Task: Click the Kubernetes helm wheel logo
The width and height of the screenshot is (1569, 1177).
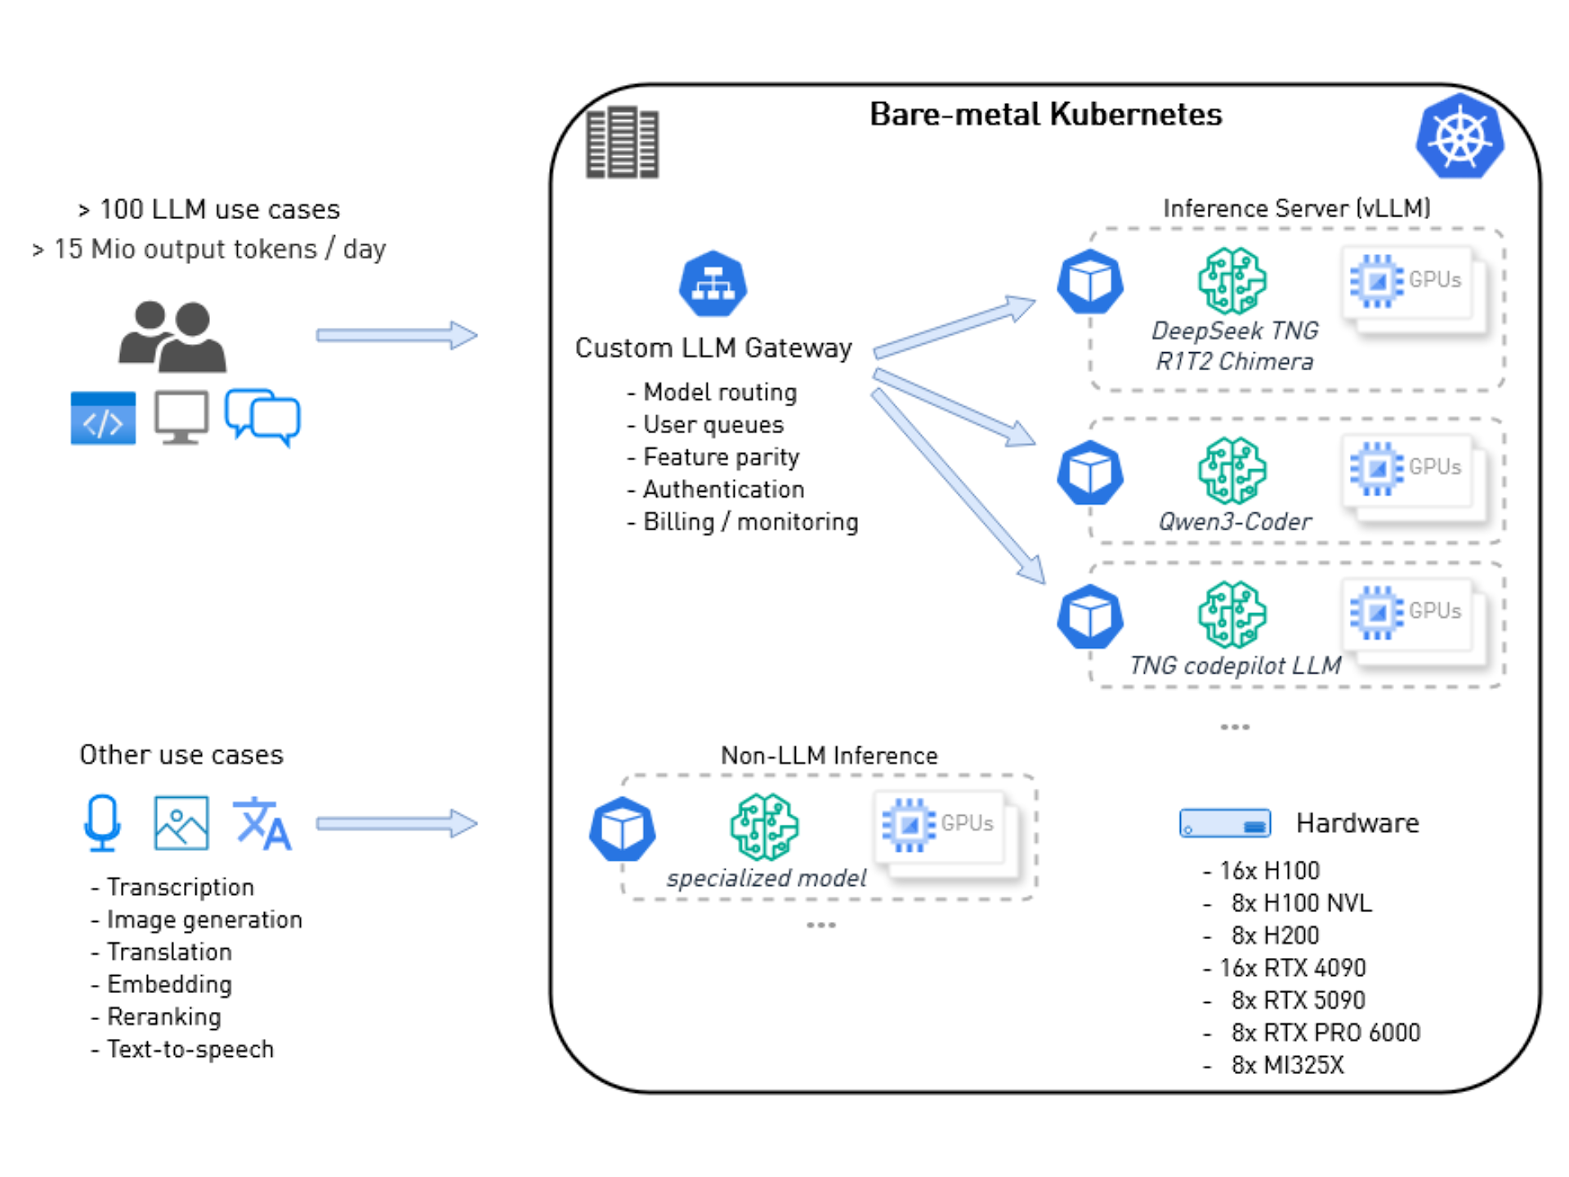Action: pos(1459,136)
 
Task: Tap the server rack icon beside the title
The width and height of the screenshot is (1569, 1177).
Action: pos(622,142)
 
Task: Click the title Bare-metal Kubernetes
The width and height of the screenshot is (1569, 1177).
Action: pos(1045,114)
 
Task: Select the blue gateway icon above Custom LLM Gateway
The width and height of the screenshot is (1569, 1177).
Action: pos(713,284)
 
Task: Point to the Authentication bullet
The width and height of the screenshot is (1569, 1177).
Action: pos(723,490)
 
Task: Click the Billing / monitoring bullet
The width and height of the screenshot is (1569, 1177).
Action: pos(750,522)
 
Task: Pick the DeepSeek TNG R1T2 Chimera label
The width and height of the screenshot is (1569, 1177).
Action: pos(1234,346)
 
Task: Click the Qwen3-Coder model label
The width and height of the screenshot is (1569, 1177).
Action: pos(1234,521)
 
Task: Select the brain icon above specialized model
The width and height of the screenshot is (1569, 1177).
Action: pos(764,826)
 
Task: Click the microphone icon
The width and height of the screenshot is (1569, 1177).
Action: pos(102,822)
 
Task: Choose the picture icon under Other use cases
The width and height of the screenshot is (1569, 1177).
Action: pos(181,823)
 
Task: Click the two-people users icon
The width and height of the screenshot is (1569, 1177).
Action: pos(173,337)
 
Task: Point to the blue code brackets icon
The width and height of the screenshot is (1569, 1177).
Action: pos(103,418)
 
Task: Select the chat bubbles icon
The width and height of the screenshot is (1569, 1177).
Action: pos(263,417)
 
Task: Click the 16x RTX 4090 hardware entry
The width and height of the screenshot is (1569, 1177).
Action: pos(1292,969)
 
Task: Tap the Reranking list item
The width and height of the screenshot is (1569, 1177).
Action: pos(163,1017)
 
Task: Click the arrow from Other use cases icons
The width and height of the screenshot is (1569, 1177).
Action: pos(396,823)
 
